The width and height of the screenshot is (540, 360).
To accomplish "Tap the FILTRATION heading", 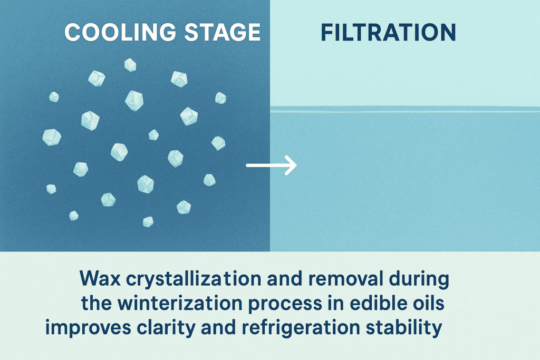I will tap(389, 33).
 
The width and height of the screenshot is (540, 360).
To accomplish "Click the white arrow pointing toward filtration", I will tap(272, 167).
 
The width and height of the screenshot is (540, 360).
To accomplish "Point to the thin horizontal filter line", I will tap(405, 110).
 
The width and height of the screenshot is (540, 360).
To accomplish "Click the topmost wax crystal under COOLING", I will tap(130, 65).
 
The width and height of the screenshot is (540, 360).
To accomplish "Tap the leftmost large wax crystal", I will tap(51, 137).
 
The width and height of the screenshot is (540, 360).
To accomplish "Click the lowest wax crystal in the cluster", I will tap(148, 221).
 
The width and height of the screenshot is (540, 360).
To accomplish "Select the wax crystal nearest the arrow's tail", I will tap(209, 180).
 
